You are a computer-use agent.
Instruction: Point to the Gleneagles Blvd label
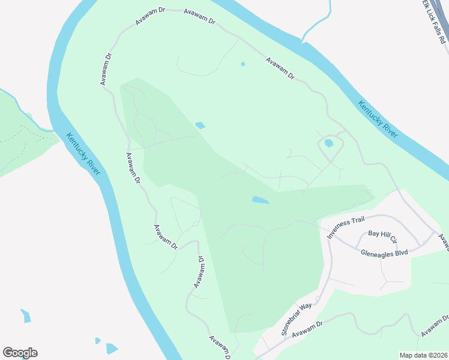pyautogui.click(x=384, y=253)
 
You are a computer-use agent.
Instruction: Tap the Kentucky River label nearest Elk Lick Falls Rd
pyautogui.click(x=378, y=119)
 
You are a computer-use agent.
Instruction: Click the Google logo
pyautogui.click(x=20, y=353)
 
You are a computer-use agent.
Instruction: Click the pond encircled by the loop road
pyautogui.click(x=328, y=143)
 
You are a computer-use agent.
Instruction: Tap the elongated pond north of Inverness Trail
pyautogui.click(x=259, y=200)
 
